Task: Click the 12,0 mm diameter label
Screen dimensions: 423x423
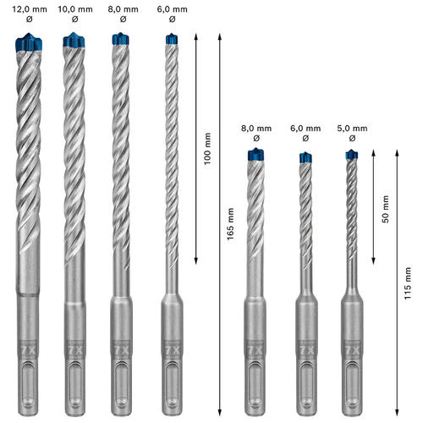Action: (x=30, y=9)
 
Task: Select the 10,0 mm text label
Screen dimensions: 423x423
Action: (x=75, y=9)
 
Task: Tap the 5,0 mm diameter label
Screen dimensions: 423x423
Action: (x=352, y=129)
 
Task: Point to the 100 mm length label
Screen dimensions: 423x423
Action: (x=207, y=149)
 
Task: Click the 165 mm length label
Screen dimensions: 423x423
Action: (x=230, y=224)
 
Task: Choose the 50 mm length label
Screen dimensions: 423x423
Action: (x=386, y=209)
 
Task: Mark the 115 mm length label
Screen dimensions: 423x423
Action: (x=408, y=283)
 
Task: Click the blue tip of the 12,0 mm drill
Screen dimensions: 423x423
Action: (x=29, y=42)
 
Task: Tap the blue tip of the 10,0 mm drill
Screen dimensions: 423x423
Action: (x=74, y=40)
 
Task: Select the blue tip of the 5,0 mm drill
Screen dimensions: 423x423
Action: (x=352, y=155)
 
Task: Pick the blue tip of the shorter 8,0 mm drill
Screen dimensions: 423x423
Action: (x=255, y=155)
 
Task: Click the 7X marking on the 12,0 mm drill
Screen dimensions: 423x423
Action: (x=29, y=350)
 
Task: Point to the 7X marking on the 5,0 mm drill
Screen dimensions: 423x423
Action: (x=352, y=350)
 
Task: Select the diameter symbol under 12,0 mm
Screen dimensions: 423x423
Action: (x=30, y=19)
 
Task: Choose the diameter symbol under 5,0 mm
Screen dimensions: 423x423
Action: (x=352, y=138)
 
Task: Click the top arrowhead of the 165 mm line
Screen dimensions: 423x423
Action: (x=220, y=36)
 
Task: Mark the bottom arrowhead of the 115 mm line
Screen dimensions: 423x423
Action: (x=397, y=412)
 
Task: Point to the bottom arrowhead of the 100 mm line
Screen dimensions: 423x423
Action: (x=196, y=261)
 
